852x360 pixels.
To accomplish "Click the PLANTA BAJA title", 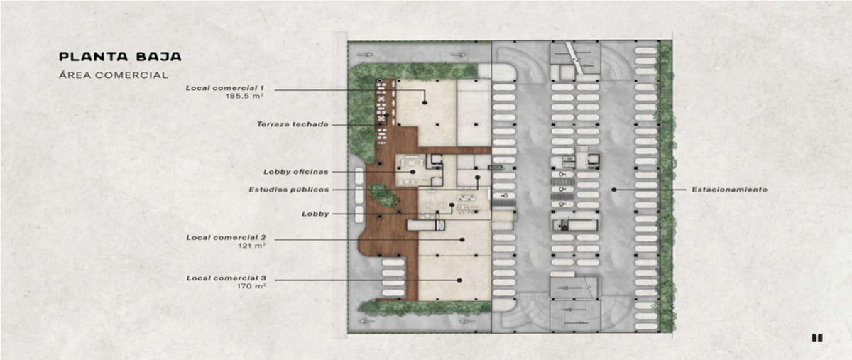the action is [120, 57].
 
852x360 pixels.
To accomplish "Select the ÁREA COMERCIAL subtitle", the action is [114, 75].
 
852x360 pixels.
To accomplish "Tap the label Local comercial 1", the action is [225, 88].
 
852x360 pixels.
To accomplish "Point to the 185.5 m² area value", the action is [244, 97].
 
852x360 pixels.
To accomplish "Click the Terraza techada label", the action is [293, 124].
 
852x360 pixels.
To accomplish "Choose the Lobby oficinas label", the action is [296, 172].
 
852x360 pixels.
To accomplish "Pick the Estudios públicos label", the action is [289, 190].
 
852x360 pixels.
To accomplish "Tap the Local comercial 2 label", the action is [226, 237].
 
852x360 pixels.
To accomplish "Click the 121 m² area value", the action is [252, 246].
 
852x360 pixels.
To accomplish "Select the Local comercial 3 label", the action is [226, 278].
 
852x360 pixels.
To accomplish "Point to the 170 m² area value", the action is [251, 286].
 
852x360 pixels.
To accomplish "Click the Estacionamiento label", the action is [730, 190].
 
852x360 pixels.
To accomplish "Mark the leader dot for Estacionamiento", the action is [614, 190].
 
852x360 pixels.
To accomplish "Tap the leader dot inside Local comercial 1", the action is [425, 102].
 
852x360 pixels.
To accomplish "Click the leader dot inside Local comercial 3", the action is [459, 280].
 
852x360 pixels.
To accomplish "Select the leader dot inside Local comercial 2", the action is [462, 240].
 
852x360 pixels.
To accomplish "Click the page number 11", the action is [817, 338].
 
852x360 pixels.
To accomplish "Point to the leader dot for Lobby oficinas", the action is [413, 172].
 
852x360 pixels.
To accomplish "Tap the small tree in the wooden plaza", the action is [384, 195].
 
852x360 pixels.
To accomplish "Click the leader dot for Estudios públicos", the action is [478, 178].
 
